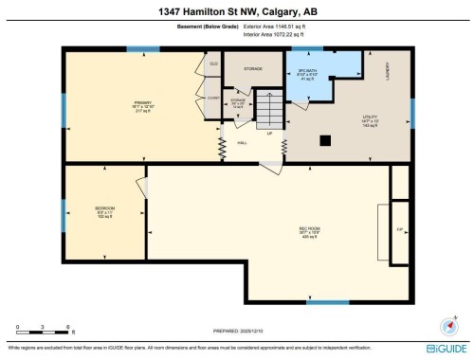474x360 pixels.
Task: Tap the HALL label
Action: click(242, 143)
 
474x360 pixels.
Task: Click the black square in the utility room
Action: click(325, 140)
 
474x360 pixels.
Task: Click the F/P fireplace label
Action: click(400, 229)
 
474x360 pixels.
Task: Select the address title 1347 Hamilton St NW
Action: click(237, 10)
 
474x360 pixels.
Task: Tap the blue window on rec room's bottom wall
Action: click(327, 302)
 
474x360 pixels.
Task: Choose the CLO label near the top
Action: click(214, 63)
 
